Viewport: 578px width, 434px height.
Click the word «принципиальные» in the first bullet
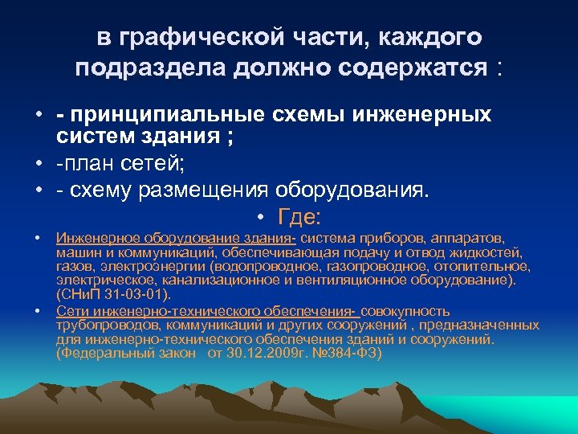pyautogui.click(x=169, y=116)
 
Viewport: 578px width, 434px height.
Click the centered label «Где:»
pyautogui.click(x=299, y=217)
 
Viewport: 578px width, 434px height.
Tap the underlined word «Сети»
pyautogui.click(x=71, y=310)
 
